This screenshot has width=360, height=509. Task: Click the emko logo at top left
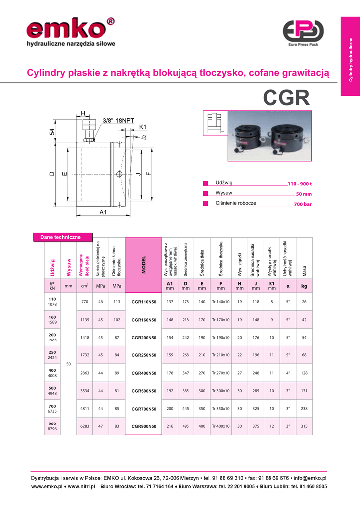click(71, 32)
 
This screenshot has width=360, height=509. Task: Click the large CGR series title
click(286, 98)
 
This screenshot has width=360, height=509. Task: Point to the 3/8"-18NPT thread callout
click(118, 120)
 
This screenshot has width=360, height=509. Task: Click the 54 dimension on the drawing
click(52, 132)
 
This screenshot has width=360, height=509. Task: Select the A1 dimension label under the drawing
click(103, 212)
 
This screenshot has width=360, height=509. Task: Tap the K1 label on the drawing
click(143, 127)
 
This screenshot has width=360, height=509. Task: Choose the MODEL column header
click(144, 265)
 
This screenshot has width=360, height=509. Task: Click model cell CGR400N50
click(144, 373)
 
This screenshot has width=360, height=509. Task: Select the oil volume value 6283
click(85, 426)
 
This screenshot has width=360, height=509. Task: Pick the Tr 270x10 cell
click(221, 373)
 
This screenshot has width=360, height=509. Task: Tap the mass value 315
click(304, 426)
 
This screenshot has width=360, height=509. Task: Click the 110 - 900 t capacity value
click(300, 184)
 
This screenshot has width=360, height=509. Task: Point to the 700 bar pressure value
click(303, 204)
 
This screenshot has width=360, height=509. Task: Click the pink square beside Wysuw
click(205, 193)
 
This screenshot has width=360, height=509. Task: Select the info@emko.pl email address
click(310, 478)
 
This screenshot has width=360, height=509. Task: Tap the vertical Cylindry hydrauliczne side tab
click(350, 57)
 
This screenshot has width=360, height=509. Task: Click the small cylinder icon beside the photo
click(215, 123)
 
